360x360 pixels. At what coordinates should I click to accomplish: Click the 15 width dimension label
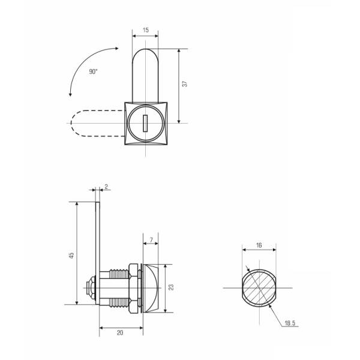(146, 30)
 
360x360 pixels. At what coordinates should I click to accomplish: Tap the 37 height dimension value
(185, 84)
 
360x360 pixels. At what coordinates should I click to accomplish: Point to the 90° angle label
(93, 71)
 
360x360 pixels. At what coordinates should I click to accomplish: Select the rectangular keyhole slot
(145, 123)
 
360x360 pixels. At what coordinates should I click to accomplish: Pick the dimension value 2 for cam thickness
(106, 187)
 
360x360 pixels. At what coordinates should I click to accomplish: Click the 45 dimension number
(72, 255)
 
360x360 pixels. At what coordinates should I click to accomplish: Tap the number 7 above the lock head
(151, 240)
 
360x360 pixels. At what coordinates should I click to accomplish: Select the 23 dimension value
(171, 287)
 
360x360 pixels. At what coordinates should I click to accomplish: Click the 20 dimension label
(120, 332)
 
